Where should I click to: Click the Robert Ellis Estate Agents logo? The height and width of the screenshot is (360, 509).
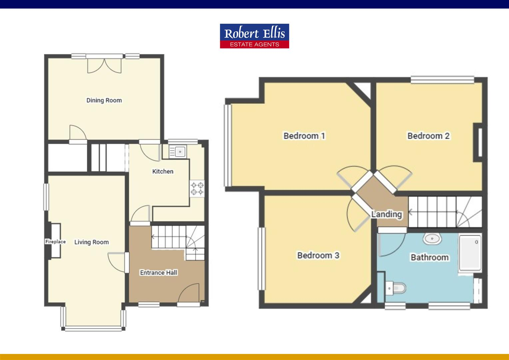click(254, 36)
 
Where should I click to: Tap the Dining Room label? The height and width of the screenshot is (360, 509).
click(104, 100)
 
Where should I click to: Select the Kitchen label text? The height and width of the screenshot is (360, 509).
click(163, 171)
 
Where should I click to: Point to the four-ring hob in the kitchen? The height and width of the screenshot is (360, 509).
click(197, 188)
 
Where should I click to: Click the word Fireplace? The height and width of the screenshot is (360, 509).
click(55, 242)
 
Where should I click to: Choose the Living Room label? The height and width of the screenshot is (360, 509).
click(91, 242)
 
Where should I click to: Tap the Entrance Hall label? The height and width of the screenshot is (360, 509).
click(158, 273)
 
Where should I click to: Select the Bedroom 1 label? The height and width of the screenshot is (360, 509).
click(304, 136)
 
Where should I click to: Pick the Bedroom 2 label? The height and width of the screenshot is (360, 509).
click(428, 136)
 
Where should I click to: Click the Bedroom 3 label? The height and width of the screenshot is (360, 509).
click(318, 255)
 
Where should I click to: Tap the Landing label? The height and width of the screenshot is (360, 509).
click(386, 214)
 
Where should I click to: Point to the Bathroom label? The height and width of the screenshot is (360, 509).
click(429, 257)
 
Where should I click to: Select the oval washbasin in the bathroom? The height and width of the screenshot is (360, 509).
click(432, 238)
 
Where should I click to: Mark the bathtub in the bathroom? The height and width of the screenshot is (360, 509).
click(470, 253)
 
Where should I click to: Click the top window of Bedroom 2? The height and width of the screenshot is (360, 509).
click(442, 80)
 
